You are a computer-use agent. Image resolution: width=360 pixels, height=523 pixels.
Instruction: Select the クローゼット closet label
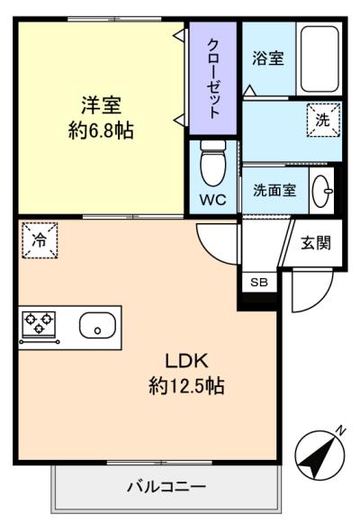pos(213,77)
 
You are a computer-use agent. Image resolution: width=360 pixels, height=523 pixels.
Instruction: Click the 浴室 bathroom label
pos(267,59)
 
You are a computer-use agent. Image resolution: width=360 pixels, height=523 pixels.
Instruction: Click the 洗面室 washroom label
pos(274,191)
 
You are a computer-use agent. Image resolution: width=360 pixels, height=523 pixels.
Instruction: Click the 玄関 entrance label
pos(315,242)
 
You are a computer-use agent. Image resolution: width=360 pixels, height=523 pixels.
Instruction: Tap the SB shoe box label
pos(258,283)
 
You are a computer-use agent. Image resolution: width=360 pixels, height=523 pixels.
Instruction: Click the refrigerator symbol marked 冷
pos(40,239)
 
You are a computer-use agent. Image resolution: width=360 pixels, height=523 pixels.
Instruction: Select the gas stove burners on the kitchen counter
pos(38,324)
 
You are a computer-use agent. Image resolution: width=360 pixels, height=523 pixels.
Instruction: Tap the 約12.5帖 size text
pos(185,388)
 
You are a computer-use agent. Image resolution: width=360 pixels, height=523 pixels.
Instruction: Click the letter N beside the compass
pos(341,430)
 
